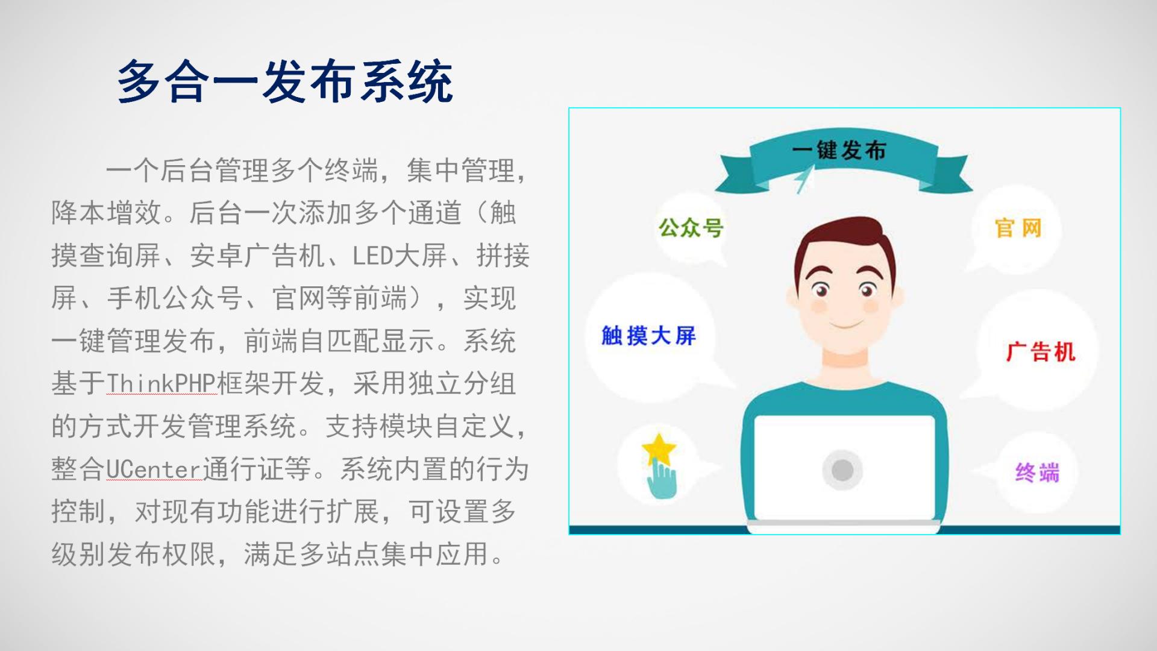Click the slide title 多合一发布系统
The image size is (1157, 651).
(285, 81)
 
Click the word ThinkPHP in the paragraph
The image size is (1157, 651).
(161, 383)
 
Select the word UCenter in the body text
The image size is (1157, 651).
(154, 469)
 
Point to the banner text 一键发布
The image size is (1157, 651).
(839, 150)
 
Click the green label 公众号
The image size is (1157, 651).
(691, 228)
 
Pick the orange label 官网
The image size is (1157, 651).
(1018, 228)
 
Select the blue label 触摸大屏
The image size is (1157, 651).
(648, 336)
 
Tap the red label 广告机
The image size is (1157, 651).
(1041, 351)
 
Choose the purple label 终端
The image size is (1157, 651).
(1037, 473)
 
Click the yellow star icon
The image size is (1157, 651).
(659, 449)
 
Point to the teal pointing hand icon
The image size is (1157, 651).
(662, 479)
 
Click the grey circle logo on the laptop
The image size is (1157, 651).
(842, 470)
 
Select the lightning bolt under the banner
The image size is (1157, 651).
(803, 179)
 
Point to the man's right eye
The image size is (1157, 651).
(820, 290)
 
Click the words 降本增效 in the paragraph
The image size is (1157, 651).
(106, 213)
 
